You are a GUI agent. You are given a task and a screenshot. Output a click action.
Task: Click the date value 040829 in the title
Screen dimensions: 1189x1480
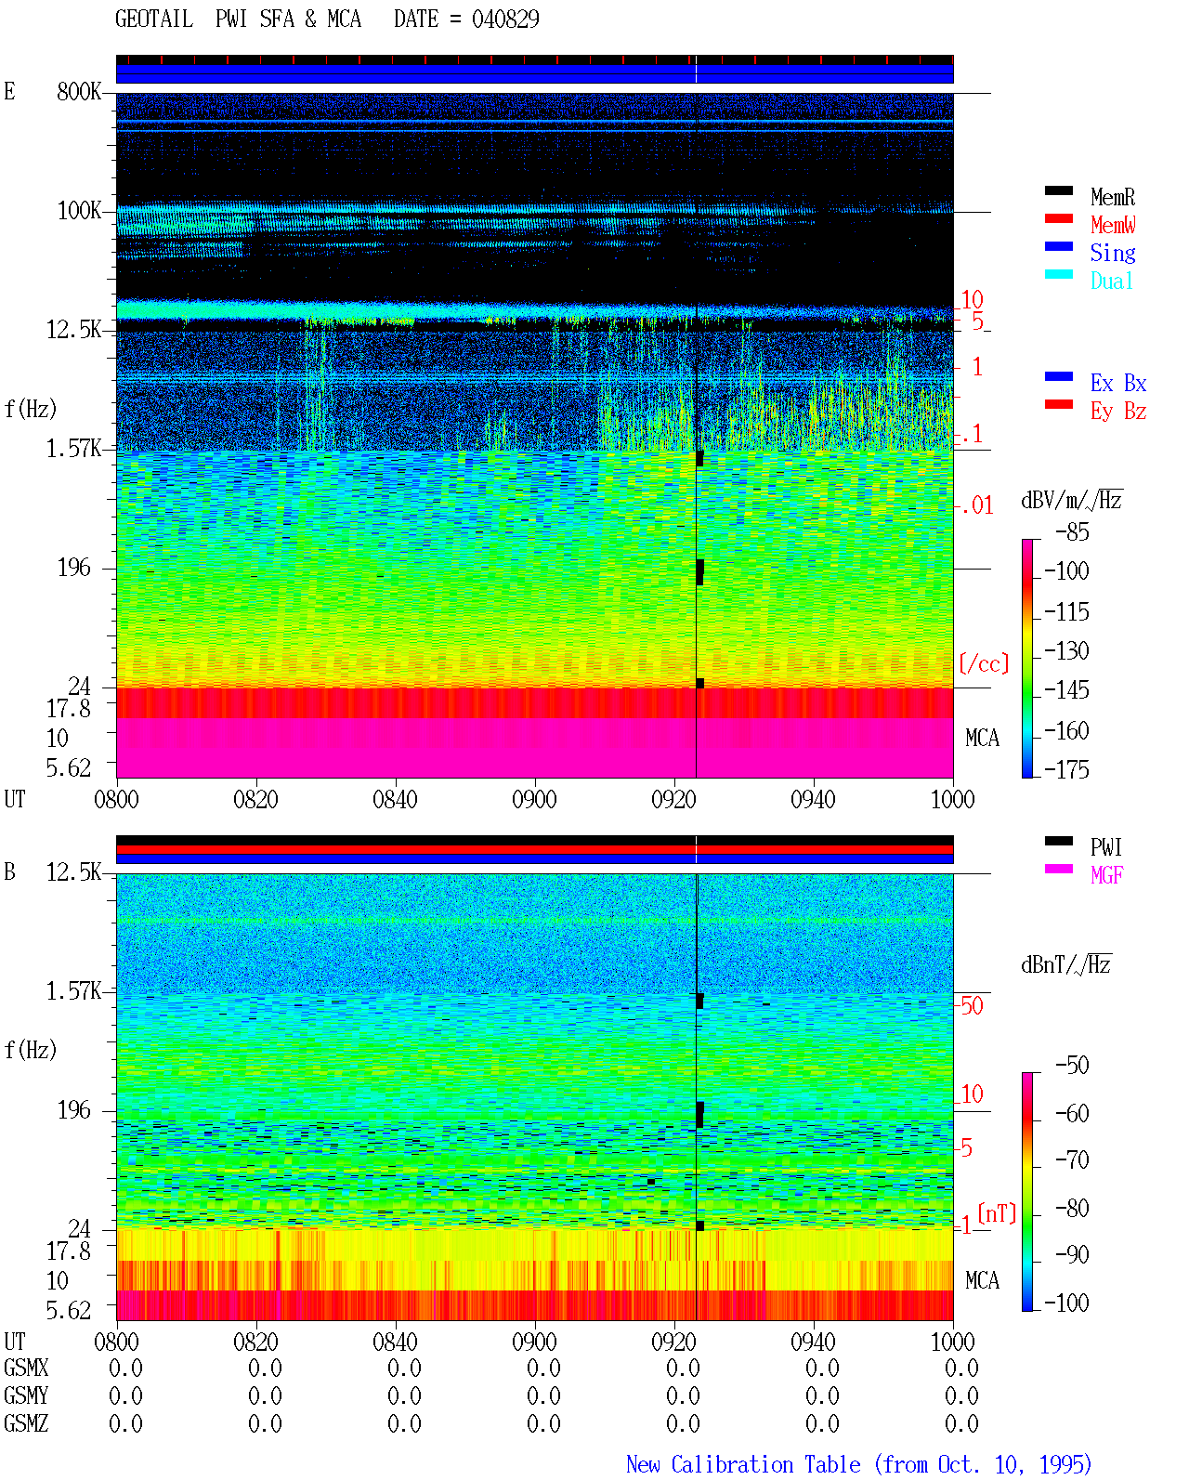click(x=505, y=20)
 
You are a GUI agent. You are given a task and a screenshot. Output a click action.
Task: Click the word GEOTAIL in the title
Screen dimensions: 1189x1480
click(x=154, y=20)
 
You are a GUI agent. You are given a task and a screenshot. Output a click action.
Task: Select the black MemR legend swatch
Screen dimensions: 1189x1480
click(x=1058, y=190)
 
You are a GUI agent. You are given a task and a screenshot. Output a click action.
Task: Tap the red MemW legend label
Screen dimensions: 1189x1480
click(x=1113, y=225)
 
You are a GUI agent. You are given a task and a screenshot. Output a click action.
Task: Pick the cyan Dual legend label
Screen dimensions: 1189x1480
click(x=1111, y=281)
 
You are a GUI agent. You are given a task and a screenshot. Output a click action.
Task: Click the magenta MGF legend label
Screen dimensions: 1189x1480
click(x=1106, y=875)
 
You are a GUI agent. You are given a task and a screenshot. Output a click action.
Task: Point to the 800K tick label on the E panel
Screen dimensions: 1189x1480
click(x=79, y=91)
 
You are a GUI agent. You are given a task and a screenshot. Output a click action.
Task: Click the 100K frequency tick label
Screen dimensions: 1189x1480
click(x=79, y=211)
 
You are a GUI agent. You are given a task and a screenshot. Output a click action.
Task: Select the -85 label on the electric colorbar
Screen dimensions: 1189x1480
click(x=1072, y=531)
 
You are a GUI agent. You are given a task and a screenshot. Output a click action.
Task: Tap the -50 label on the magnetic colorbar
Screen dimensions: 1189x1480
click(x=1072, y=1065)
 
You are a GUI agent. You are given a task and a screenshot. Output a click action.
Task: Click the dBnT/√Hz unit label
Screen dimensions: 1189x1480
click(x=1066, y=964)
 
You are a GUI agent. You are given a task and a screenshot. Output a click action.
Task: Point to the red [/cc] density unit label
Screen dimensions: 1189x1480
click(x=984, y=663)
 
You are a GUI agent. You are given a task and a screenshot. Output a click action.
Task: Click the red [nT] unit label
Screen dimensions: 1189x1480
click(x=997, y=1212)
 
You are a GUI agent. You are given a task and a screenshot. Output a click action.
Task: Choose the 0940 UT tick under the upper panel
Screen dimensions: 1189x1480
click(x=813, y=799)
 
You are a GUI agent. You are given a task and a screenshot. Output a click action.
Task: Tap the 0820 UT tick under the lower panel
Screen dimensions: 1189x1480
click(x=255, y=1341)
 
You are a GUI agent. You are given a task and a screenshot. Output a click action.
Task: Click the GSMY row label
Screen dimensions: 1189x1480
click(x=26, y=1395)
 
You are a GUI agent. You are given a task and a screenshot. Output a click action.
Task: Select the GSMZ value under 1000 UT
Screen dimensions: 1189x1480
click(x=961, y=1423)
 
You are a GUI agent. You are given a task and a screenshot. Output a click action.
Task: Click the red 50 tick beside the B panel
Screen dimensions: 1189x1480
click(x=972, y=1005)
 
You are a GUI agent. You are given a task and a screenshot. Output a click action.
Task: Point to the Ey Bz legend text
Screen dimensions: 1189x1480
click(x=1118, y=411)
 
